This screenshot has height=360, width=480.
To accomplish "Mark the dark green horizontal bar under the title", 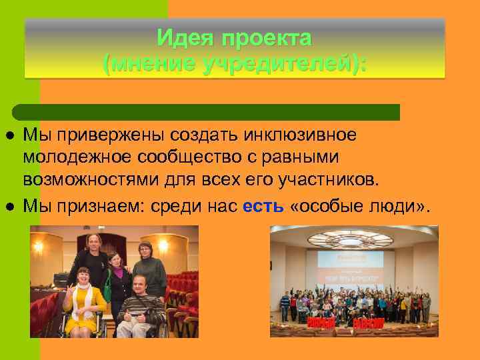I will [x=207, y=112].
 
